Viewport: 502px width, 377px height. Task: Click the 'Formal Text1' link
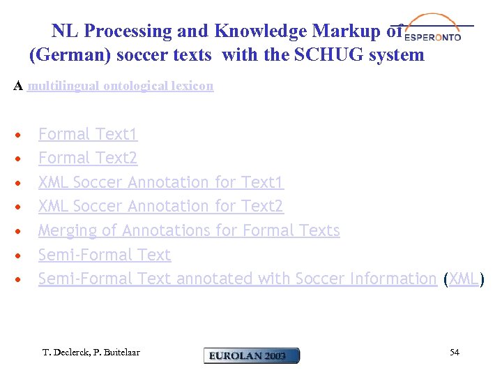88,134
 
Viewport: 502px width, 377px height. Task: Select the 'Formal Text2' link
88,158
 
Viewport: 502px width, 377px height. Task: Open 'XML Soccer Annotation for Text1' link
161,183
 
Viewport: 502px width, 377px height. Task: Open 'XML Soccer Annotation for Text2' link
161,207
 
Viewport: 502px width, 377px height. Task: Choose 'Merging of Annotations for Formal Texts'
189,230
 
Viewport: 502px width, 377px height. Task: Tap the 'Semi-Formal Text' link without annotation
105,255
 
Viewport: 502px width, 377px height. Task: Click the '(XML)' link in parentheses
464,279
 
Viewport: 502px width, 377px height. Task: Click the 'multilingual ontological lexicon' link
121,87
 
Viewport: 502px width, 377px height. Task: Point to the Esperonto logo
433,29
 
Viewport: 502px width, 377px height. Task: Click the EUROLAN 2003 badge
252,355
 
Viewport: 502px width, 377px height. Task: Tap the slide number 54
455,353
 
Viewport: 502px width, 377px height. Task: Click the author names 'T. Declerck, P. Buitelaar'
91,353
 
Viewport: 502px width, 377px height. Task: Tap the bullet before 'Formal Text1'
22,135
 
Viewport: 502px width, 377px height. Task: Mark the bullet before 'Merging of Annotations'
22,231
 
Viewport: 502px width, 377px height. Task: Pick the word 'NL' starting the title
63,31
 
